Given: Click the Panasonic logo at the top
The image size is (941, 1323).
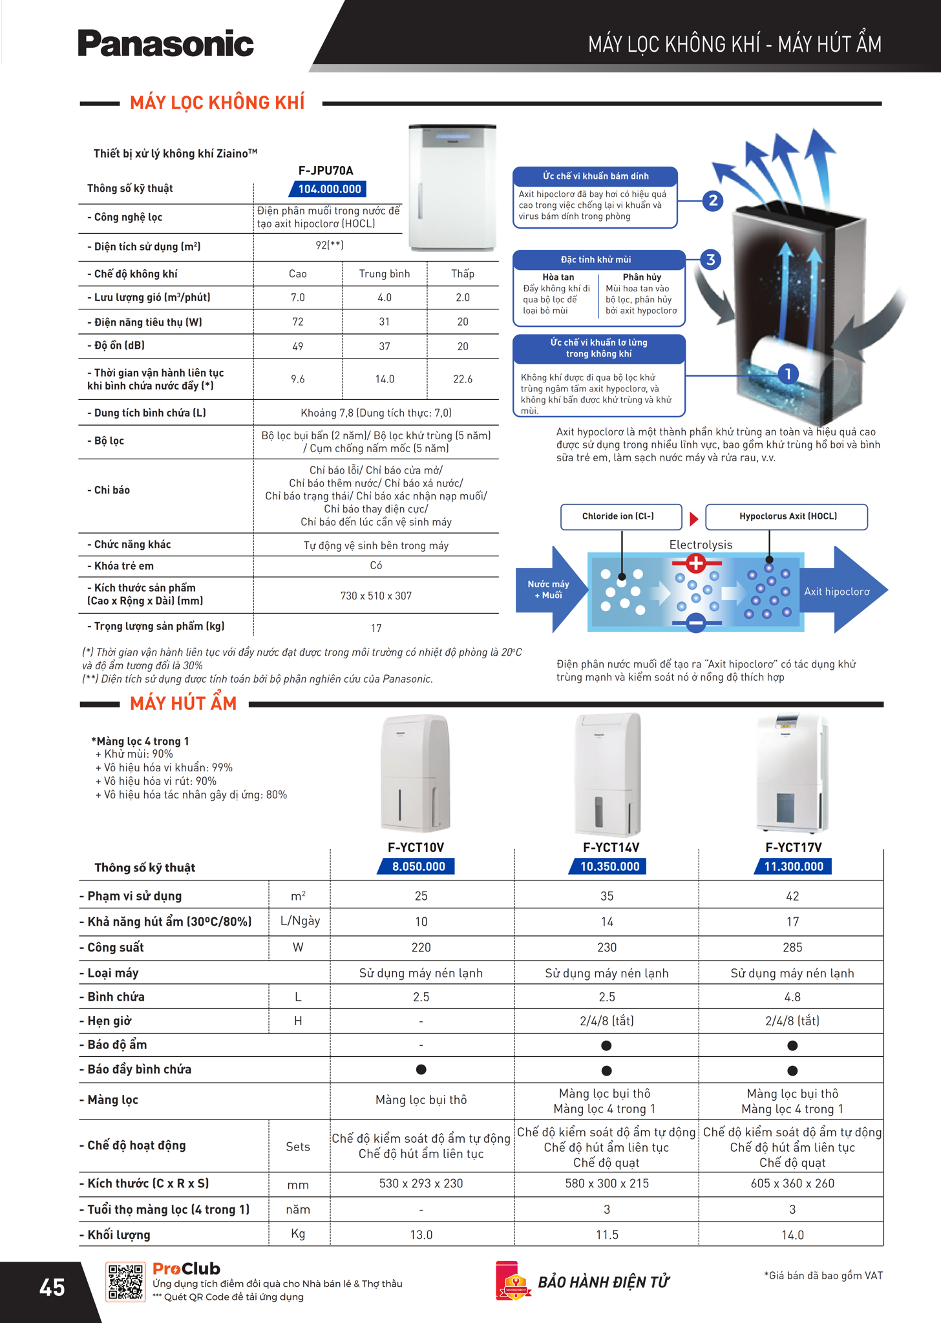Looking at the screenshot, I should (x=165, y=43).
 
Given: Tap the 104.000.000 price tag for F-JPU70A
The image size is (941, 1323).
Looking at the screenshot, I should (x=328, y=189).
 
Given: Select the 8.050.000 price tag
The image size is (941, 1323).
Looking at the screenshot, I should (x=418, y=866).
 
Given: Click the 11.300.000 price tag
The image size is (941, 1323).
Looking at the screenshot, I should (x=793, y=866).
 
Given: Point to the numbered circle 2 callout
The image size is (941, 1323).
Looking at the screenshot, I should (x=712, y=200).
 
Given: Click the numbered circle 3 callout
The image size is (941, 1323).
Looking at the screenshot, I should (x=710, y=260).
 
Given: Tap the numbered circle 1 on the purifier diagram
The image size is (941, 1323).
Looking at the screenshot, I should (x=787, y=373).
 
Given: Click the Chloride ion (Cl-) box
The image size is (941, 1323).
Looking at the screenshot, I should (x=620, y=517).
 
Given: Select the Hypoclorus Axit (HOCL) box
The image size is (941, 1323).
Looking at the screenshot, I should (x=787, y=517).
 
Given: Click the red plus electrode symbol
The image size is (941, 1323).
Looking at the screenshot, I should (x=695, y=563).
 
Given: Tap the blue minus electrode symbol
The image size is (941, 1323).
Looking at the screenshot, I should (x=695, y=623).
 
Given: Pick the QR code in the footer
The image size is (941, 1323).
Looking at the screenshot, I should (x=125, y=1282).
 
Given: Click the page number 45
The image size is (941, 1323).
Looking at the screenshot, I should (x=52, y=1287).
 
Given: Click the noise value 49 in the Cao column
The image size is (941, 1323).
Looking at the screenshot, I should (x=297, y=346).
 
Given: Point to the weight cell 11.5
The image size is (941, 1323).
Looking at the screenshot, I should (x=606, y=1235).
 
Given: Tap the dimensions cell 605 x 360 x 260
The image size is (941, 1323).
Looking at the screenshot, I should (x=792, y=1183).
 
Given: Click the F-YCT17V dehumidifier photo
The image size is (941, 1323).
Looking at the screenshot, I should (x=792, y=774).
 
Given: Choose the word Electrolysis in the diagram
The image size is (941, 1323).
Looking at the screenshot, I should (x=701, y=545).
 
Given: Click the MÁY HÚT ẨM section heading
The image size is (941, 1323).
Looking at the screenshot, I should (x=183, y=703).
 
